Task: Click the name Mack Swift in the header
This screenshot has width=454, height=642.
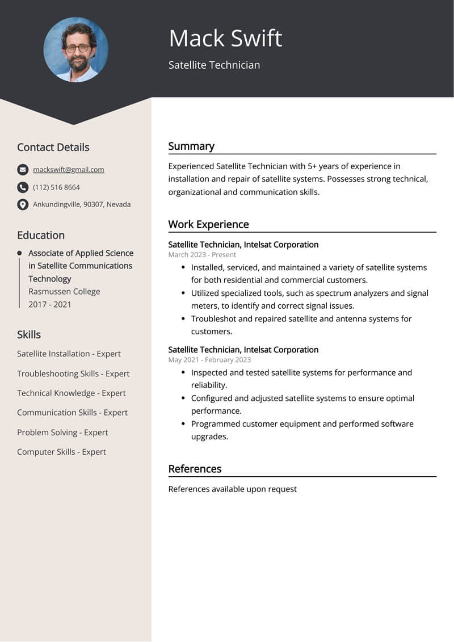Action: (x=225, y=39)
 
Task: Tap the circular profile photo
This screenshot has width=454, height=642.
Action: (x=75, y=49)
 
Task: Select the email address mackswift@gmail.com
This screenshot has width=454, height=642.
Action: (x=68, y=169)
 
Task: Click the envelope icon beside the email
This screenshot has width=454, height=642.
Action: (x=23, y=169)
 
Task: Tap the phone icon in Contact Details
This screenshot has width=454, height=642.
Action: (x=23, y=187)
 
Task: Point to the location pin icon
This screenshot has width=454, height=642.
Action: (x=23, y=204)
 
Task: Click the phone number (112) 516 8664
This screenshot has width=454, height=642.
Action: (x=56, y=187)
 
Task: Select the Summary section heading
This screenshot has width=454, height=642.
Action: (x=191, y=146)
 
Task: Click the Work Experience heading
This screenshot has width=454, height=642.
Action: (x=208, y=224)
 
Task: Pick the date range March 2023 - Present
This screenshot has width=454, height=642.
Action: (x=202, y=254)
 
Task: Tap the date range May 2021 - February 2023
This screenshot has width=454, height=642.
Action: (x=209, y=359)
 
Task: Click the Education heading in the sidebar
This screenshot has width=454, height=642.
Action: (x=41, y=235)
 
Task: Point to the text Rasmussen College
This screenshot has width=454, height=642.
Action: (x=64, y=291)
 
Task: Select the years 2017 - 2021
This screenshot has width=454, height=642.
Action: (x=50, y=304)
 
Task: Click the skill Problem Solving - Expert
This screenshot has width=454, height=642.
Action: (x=62, y=432)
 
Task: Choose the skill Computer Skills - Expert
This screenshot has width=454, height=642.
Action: (x=61, y=452)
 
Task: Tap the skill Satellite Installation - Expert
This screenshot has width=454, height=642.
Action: (x=69, y=354)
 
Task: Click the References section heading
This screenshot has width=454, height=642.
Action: (x=195, y=469)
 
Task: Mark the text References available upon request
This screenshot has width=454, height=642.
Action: (x=232, y=489)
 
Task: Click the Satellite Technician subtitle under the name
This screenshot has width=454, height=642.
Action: (x=214, y=65)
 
